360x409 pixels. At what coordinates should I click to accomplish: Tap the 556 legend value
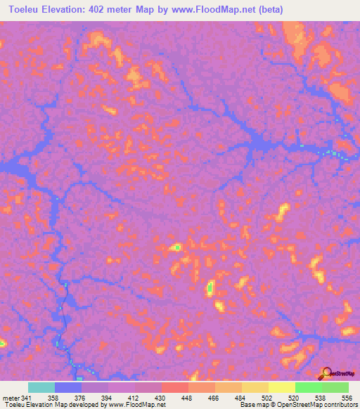[x=346, y=397]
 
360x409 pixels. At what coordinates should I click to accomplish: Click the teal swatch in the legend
[x=41, y=387]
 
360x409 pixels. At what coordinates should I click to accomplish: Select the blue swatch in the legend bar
[x=68, y=387]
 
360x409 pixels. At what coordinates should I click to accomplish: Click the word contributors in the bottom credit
[x=340, y=405]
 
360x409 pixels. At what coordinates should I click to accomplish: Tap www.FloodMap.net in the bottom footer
[x=136, y=405]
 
